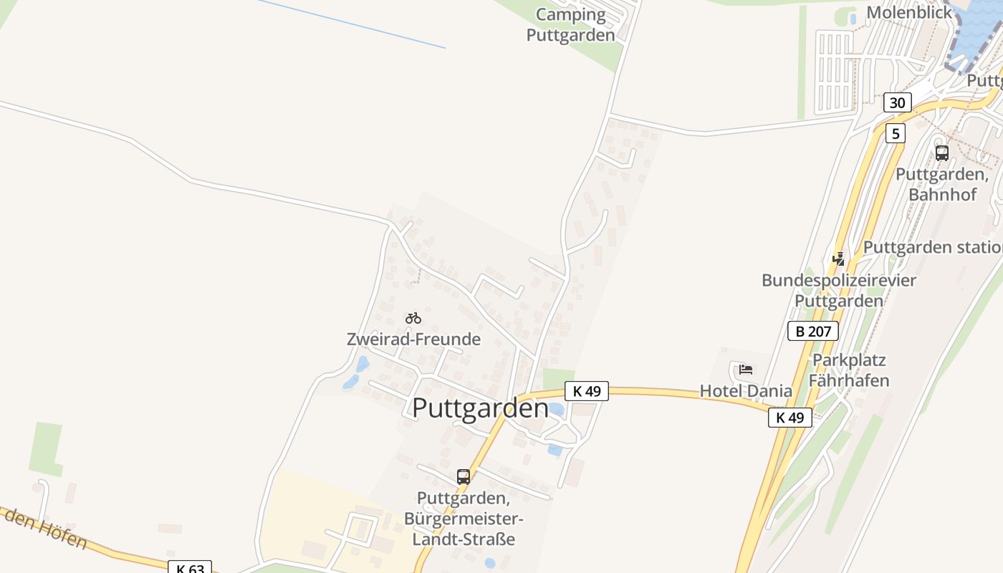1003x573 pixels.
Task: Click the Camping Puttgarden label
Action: tap(570, 25)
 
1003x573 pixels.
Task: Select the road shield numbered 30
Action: tap(897, 102)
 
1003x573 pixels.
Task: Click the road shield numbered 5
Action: tap(895, 133)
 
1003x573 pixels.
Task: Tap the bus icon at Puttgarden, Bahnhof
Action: tap(941, 153)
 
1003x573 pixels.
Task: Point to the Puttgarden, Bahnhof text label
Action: tap(942, 184)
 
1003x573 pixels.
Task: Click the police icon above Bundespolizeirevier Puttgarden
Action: tap(838, 259)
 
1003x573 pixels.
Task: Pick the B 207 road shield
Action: tap(812, 331)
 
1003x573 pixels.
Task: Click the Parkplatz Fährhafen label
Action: tap(849, 370)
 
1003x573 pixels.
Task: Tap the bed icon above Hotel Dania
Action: tap(746, 370)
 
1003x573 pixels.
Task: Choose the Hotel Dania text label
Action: tap(746, 391)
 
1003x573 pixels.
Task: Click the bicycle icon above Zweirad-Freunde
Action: tap(413, 318)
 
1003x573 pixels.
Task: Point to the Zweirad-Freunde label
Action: tap(413, 340)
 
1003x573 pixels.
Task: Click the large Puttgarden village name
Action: tap(480, 408)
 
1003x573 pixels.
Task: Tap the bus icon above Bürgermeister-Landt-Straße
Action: tap(464, 476)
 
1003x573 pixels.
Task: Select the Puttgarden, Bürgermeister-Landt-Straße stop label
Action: tap(464, 519)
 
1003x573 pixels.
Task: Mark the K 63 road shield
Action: tap(190, 568)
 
